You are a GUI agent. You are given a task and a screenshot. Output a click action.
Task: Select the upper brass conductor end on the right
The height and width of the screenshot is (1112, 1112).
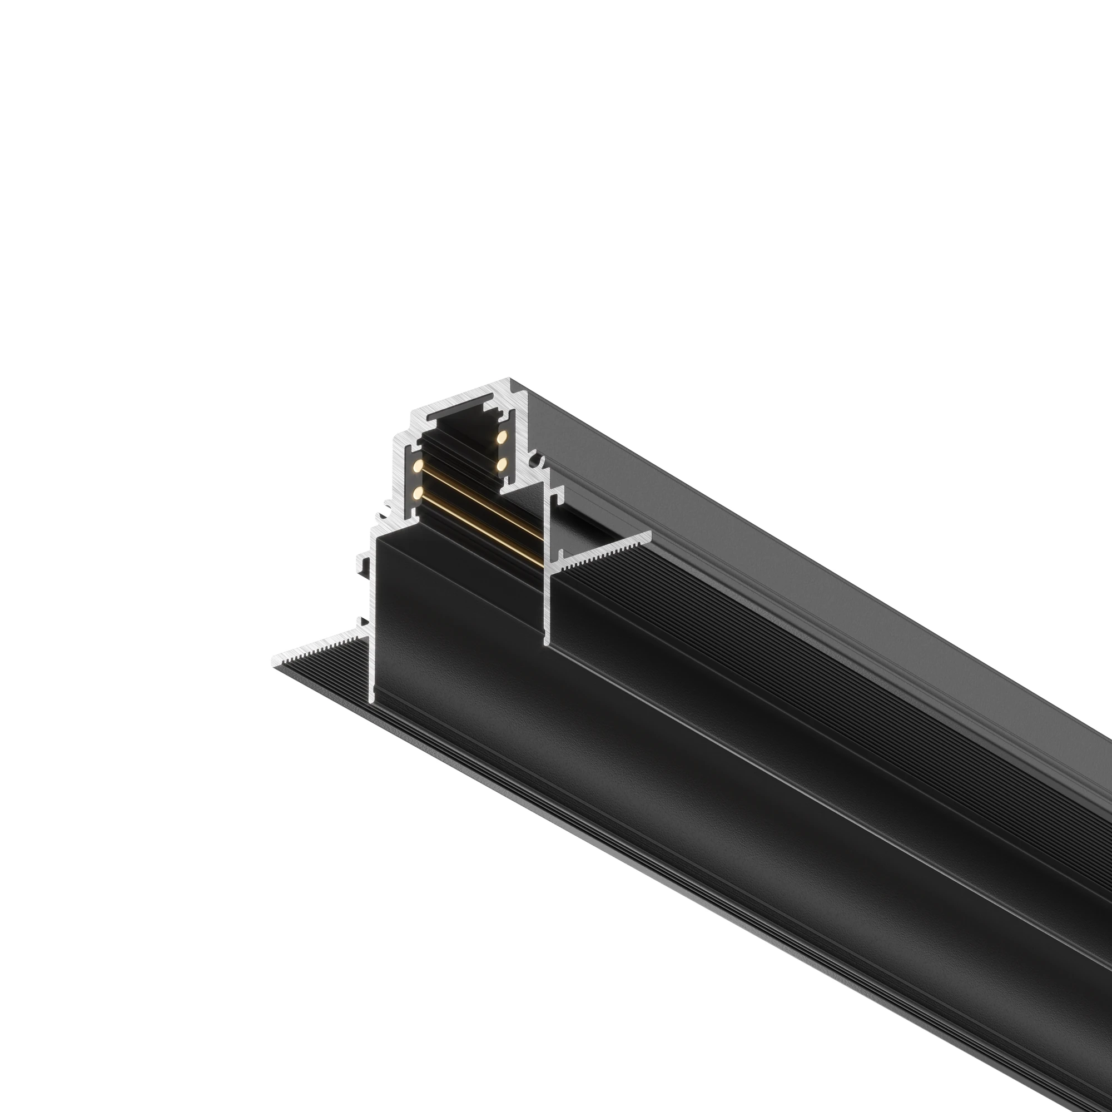[x=502, y=437]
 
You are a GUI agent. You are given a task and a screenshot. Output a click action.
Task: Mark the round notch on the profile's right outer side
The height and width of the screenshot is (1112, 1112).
[x=539, y=460]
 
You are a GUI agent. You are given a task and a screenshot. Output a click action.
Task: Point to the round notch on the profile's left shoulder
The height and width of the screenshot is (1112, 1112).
[x=381, y=516]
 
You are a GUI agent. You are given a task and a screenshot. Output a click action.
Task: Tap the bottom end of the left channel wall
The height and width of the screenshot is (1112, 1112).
[x=371, y=699]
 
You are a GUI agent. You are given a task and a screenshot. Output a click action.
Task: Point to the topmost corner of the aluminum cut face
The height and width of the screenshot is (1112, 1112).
[x=509, y=379]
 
